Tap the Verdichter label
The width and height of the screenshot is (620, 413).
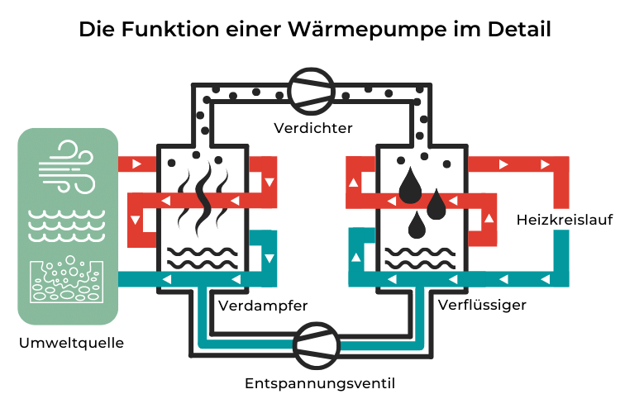(x=313, y=128)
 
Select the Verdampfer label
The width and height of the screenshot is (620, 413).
(x=263, y=306)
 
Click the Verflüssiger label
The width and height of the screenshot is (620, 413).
(x=481, y=306)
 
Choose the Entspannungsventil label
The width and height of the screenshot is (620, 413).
(x=308, y=383)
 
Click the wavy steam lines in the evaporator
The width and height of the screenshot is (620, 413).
(x=203, y=203)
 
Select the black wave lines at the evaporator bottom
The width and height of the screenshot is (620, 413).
(x=203, y=258)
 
